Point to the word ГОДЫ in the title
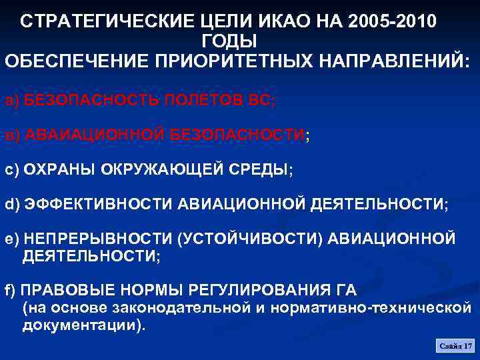[x=229, y=41]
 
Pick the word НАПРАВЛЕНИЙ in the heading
[x=390, y=61]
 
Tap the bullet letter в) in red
[x=12, y=135]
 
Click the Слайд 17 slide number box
[x=455, y=345]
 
